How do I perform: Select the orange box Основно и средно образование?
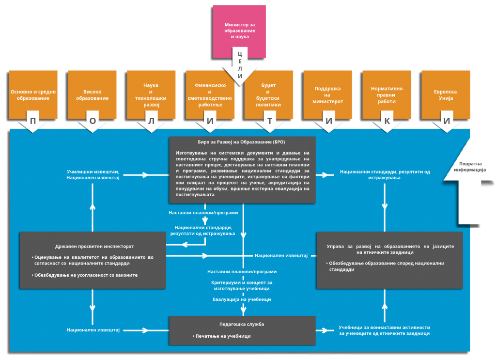point(33,94)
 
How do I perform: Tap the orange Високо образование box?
point(93,94)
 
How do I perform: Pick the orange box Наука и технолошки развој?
point(151,94)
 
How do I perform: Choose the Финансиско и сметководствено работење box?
point(210,94)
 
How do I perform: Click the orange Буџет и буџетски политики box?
point(269,94)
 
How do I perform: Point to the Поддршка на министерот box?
point(328,94)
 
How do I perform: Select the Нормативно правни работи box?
point(387,94)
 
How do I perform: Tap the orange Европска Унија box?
point(446,94)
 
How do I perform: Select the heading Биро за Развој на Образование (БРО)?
point(242,142)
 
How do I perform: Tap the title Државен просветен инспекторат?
point(94,246)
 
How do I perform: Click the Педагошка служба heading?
point(242,324)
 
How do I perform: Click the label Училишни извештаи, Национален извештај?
point(93,175)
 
